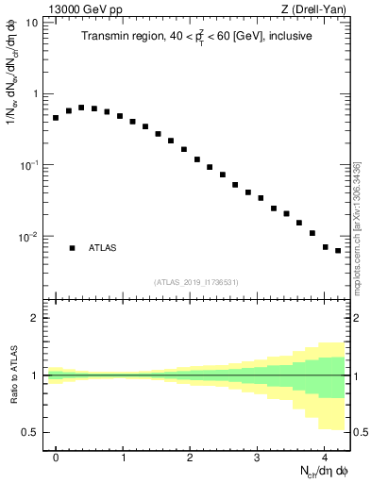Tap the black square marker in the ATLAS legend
coord(72,248)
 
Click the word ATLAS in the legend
coord(103,248)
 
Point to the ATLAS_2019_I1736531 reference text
coord(196,282)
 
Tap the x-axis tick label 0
coord(56,456)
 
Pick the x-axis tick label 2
coord(190,456)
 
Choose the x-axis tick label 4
coord(324,456)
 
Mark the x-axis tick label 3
coord(257,456)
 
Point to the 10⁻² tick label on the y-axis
coord(28,237)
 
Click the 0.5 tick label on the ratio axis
coord(29,432)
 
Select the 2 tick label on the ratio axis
coord(34,318)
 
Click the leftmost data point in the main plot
coord(56,118)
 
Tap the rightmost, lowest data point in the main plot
coord(338,251)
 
